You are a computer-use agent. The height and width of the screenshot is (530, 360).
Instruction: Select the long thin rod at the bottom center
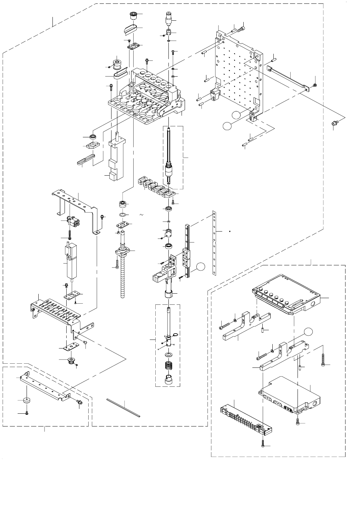click(123, 408)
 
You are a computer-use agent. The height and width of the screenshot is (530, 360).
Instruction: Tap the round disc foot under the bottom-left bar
click(26, 401)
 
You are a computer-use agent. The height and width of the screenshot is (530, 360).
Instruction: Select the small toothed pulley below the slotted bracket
click(71, 361)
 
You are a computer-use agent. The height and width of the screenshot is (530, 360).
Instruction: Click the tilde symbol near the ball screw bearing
click(142, 215)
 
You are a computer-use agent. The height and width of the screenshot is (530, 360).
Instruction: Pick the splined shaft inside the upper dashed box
click(169, 155)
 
